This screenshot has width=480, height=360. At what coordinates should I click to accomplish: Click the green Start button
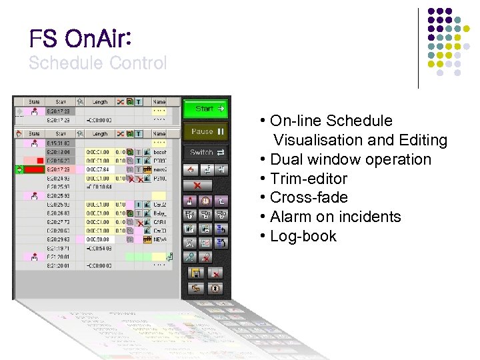tap(205, 108)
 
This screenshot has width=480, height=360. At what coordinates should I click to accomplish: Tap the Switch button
tap(205, 152)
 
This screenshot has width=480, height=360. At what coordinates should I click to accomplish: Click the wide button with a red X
tap(198, 185)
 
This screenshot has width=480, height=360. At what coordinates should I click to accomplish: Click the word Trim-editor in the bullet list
tap(309, 179)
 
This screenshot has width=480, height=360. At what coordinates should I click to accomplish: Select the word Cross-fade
tap(309, 198)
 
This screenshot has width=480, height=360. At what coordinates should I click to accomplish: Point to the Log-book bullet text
tap(303, 236)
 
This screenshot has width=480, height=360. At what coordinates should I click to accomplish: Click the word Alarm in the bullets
tap(293, 217)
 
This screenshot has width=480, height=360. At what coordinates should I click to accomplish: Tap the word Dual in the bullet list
tap(287, 160)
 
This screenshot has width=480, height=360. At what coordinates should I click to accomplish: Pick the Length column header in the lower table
tap(100, 134)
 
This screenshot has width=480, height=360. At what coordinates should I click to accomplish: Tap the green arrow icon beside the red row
tap(19, 170)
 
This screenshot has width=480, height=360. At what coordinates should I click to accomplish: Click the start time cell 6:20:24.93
tap(58, 179)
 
